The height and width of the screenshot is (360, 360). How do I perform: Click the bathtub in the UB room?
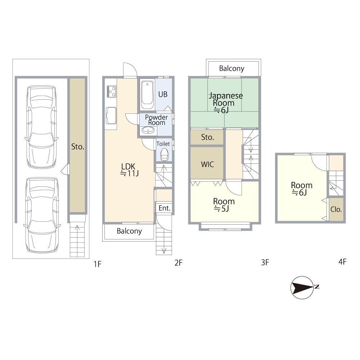pos(147,95)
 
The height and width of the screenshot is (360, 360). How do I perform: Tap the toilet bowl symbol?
pos(165,154)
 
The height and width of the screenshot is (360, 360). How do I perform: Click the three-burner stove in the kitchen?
pos(111,91)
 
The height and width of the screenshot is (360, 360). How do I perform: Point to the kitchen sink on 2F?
pos(111,116)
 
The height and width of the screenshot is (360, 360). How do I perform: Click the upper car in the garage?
pos(41,127)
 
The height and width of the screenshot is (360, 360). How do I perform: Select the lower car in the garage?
pos(42,215)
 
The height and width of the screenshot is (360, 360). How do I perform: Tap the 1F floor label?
pos(97,264)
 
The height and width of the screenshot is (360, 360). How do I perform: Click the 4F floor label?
pos(342,262)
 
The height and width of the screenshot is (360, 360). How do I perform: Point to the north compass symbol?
pos(303,287)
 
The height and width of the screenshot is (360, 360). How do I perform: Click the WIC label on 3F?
pos(207,165)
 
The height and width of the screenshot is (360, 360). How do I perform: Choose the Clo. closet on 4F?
pos(336,209)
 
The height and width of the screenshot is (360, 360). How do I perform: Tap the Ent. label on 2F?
pos(165,208)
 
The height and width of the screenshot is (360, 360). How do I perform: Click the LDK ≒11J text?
pos(129,170)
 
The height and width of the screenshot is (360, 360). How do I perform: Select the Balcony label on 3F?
pos(231,68)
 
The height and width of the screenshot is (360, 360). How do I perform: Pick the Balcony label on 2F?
pos(129,231)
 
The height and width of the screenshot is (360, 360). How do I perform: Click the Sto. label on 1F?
pos(78,147)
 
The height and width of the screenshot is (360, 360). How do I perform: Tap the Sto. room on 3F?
pos(207,137)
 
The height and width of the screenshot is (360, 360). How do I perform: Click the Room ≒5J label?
pos(224,205)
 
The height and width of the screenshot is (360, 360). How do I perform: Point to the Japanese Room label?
pos(225,103)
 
